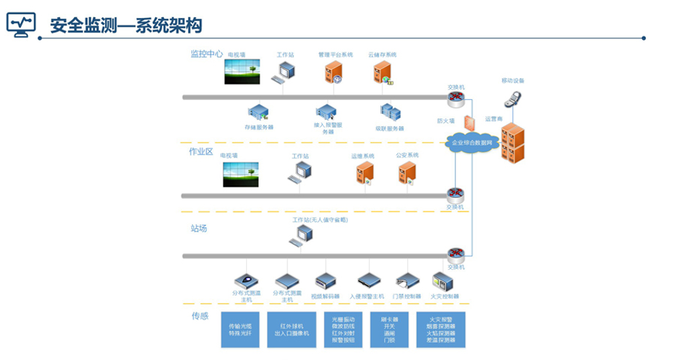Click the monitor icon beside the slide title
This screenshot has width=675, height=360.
21,25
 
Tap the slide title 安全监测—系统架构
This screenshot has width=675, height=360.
126,25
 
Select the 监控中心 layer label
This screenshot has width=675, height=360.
206,54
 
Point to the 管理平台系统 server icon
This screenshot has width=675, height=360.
334,73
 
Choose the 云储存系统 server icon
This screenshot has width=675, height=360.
382,73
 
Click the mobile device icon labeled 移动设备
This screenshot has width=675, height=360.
513,97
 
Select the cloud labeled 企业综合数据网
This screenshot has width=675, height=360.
471,142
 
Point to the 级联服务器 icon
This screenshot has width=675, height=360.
390,112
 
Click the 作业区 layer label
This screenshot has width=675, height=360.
201,151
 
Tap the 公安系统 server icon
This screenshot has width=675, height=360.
407,173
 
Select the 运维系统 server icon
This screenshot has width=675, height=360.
364,173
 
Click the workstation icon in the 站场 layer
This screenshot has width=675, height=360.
302,235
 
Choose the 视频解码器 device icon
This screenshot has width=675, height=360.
325,282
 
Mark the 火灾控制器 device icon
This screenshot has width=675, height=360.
443,281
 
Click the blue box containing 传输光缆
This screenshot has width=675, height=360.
241,331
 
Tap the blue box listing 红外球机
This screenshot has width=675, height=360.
292,331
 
